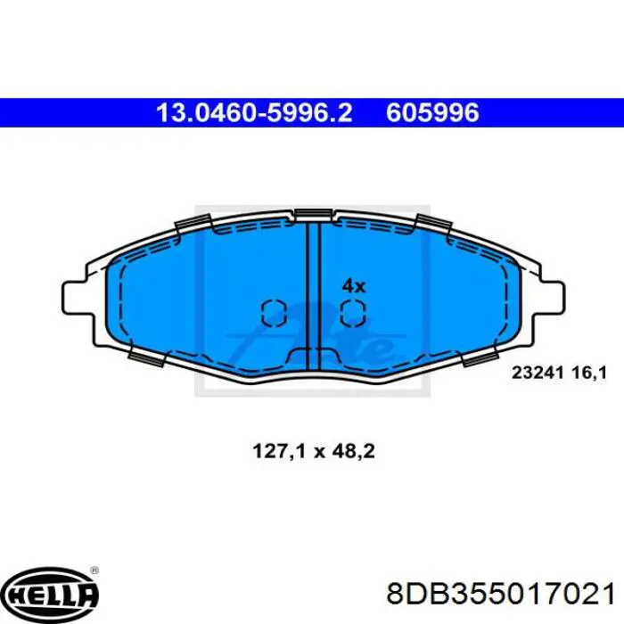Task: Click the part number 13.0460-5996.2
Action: pyautogui.click(x=253, y=112)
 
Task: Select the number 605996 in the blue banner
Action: pyautogui.click(x=432, y=112)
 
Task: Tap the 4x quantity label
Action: pyautogui.click(x=354, y=286)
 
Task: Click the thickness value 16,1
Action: pyautogui.click(x=587, y=374)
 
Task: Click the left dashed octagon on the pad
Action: pyautogui.click(x=273, y=312)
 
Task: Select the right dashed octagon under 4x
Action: pyautogui.click(x=353, y=312)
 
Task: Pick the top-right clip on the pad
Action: pyautogui.click(x=433, y=224)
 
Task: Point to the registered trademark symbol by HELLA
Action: pyautogui.click(x=94, y=571)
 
